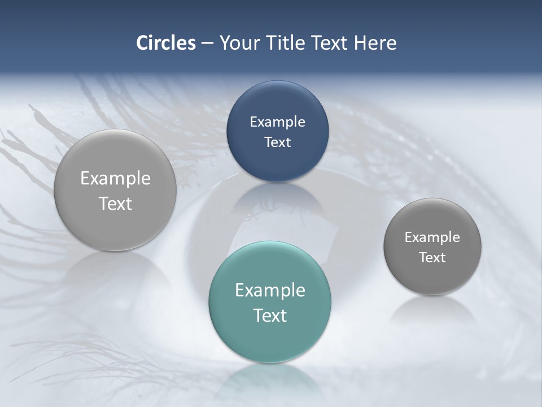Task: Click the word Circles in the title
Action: coord(166,43)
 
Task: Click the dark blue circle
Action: coord(278,131)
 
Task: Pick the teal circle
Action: coord(270,302)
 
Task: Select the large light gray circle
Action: coord(115,190)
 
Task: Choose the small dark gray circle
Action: coord(432,246)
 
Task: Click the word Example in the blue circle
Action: coord(278,122)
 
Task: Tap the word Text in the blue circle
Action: coord(278,142)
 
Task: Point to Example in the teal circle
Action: coord(270,290)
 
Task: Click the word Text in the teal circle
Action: coord(270,315)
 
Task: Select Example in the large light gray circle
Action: coord(115,178)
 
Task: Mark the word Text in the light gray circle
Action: coord(115,203)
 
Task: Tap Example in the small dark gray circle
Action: coord(432,237)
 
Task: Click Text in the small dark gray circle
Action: coord(432,257)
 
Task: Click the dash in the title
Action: coord(207,43)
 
